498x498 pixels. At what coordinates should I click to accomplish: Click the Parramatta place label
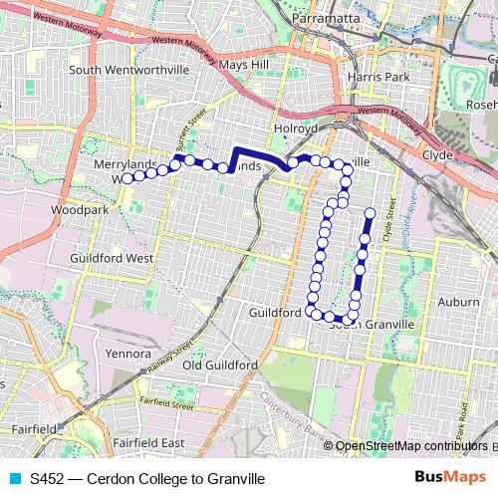pyautogui.click(x=328, y=19)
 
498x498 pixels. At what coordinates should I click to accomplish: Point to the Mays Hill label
pyautogui.click(x=244, y=65)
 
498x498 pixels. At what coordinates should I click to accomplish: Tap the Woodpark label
pyautogui.click(x=74, y=211)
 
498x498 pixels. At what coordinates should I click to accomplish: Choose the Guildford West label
pyautogui.click(x=111, y=257)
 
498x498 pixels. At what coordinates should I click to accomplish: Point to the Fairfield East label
pyautogui.click(x=149, y=441)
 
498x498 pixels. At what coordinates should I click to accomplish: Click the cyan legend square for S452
pyautogui.click(x=15, y=478)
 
